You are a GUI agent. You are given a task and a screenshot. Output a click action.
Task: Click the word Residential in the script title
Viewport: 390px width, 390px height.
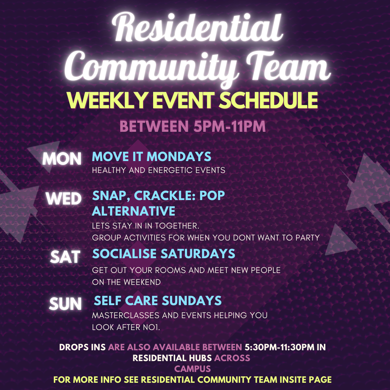[198, 27]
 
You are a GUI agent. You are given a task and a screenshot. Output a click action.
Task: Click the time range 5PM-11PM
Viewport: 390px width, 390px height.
[229, 126]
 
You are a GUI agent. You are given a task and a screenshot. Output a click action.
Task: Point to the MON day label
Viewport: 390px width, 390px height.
[62, 159]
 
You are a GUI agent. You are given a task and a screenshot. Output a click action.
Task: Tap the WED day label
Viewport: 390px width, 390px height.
[64, 199]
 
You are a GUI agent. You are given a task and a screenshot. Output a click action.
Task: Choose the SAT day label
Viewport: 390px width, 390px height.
[65, 257]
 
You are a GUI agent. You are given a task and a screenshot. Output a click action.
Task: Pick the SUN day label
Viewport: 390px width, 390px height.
[65, 304]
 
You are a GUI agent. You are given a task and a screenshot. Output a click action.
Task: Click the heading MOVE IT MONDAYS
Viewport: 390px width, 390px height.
[151, 156]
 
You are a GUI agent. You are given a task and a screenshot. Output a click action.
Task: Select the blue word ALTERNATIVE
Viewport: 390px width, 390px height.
[134, 211]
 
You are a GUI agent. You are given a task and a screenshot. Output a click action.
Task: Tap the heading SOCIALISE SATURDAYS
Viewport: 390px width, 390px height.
[164, 254]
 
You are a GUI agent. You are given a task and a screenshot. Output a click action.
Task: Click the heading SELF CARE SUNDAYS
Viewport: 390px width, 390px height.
[158, 300]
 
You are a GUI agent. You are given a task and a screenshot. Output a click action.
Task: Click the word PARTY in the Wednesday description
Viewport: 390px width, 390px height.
[307, 238]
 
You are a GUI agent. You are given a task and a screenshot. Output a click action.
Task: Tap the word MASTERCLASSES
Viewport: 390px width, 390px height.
[126, 315]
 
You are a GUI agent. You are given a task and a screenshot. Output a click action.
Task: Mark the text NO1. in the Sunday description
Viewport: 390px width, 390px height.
[151, 327]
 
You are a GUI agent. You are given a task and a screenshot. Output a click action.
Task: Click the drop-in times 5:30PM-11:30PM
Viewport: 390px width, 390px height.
[279, 347]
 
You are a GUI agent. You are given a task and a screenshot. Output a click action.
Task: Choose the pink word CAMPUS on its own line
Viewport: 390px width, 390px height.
[192, 369]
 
